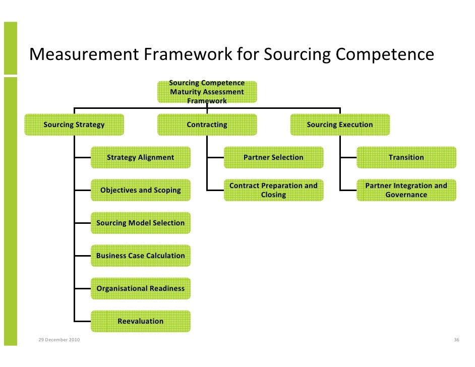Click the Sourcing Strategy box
coord(74,125)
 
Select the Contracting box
coord(207,125)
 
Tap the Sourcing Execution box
coord(340,125)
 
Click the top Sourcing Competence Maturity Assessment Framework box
coord(207,92)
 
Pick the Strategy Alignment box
coord(141,157)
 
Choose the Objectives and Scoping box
coord(141,190)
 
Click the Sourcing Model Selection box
coord(141,223)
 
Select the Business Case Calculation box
coord(141,256)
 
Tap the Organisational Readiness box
coord(141,288)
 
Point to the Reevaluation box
coord(141,321)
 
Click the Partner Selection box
coord(273,157)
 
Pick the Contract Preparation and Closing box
coord(273,190)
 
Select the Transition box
coord(406,157)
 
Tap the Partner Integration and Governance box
coord(406,190)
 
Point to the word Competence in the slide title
coord(384,54)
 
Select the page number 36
coord(456,340)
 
